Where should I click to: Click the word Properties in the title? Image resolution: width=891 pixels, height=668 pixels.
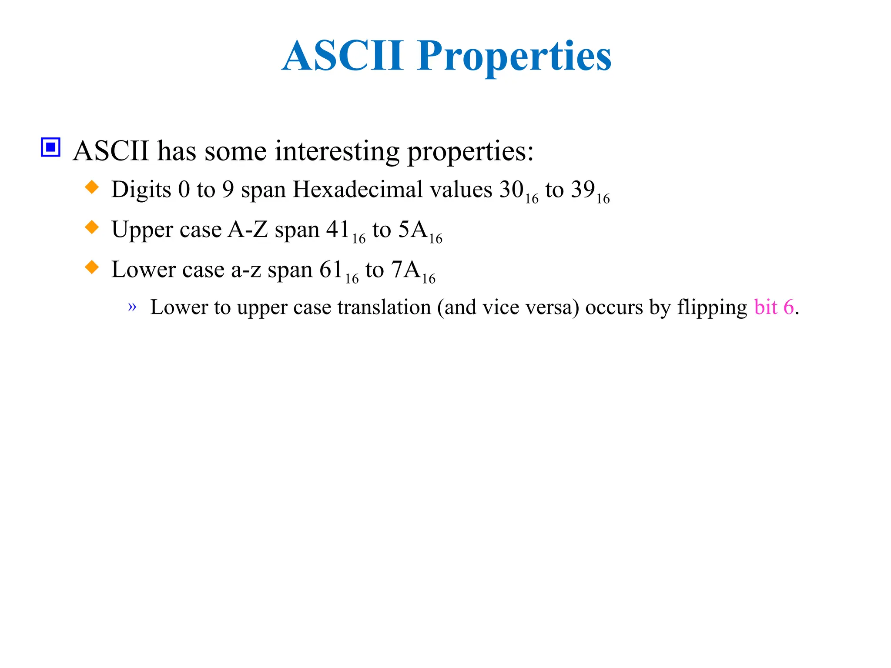coord(514,57)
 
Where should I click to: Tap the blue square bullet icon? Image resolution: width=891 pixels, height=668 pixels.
coord(50,147)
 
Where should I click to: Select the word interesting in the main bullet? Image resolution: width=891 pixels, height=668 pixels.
coord(337,151)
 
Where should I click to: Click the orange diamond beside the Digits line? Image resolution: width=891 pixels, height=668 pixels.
coord(92,187)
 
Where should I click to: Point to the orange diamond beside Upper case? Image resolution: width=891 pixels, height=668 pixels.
coord(92,227)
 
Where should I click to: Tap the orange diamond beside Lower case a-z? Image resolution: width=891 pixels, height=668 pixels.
coord(92,267)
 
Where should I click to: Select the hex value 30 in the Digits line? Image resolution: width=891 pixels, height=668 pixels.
coord(511,190)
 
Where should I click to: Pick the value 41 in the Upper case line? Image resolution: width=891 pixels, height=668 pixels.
coord(338,230)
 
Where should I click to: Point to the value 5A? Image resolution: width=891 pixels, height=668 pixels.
coord(412,230)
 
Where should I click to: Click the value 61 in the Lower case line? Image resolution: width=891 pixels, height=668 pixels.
coord(331,270)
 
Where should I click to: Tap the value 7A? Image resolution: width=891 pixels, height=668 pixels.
coord(405,270)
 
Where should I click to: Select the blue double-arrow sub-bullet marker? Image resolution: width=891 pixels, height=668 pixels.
coord(132,307)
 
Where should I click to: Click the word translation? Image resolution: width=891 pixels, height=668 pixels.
coord(384,307)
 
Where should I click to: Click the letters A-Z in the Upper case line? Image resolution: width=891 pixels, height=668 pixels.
coord(248,230)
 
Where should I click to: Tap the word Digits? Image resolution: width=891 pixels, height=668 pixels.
coord(141,190)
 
